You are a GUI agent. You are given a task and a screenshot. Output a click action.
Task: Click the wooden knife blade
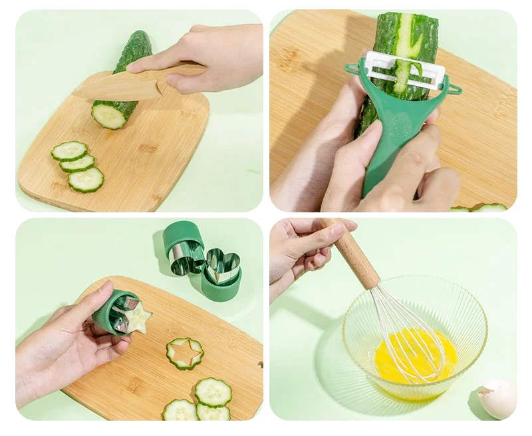coord(120,85)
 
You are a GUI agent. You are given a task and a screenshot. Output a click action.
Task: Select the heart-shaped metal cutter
coord(223,265)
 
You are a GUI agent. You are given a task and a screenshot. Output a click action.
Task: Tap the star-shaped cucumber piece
coord(137,318)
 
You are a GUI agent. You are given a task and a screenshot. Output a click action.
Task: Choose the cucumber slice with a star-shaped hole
coord(185,353)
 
